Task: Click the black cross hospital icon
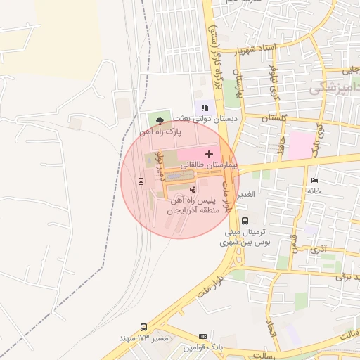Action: (x=208, y=153)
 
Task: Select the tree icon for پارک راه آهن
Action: (x=160, y=121)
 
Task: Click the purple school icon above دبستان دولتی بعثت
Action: (x=205, y=108)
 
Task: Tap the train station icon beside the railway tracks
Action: (x=141, y=181)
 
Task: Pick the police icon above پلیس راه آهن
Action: (x=193, y=188)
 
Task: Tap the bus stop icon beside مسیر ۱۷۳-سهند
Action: (x=143, y=327)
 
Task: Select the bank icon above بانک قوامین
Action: (x=202, y=337)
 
